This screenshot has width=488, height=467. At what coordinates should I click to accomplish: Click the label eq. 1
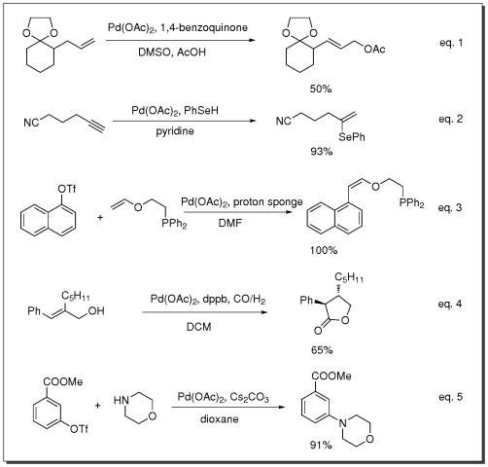click(x=451, y=43)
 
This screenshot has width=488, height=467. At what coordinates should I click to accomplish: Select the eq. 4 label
click(x=450, y=304)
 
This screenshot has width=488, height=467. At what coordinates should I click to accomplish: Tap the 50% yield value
click(x=321, y=89)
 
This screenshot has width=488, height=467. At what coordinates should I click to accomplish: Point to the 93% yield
click(x=322, y=151)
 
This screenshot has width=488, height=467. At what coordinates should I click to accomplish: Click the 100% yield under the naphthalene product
click(x=324, y=250)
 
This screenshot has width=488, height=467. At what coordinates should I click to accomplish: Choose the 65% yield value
click(x=322, y=350)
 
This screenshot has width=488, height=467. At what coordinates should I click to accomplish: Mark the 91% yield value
click(x=321, y=445)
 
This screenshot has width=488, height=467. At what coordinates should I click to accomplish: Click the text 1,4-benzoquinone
click(x=204, y=27)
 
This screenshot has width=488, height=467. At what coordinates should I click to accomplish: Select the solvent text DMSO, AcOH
click(x=172, y=53)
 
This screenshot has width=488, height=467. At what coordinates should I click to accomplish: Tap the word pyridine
click(x=175, y=131)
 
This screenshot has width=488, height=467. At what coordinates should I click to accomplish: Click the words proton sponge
click(x=268, y=202)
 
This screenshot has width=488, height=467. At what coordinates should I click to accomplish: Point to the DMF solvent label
click(x=230, y=223)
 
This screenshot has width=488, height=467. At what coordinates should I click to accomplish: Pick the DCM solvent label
click(x=199, y=327)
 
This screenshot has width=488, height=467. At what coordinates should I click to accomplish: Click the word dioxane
click(x=220, y=419)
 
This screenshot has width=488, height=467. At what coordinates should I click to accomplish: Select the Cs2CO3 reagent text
click(x=250, y=397)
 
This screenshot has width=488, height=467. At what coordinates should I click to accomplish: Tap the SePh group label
click(x=352, y=137)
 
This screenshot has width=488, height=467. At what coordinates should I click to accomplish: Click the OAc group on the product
click(x=374, y=50)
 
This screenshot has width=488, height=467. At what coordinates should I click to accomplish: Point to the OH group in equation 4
click(x=96, y=311)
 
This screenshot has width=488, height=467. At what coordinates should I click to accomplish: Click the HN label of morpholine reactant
click(x=122, y=401)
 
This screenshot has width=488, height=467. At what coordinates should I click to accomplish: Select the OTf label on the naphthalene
click(x=67, y=189)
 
